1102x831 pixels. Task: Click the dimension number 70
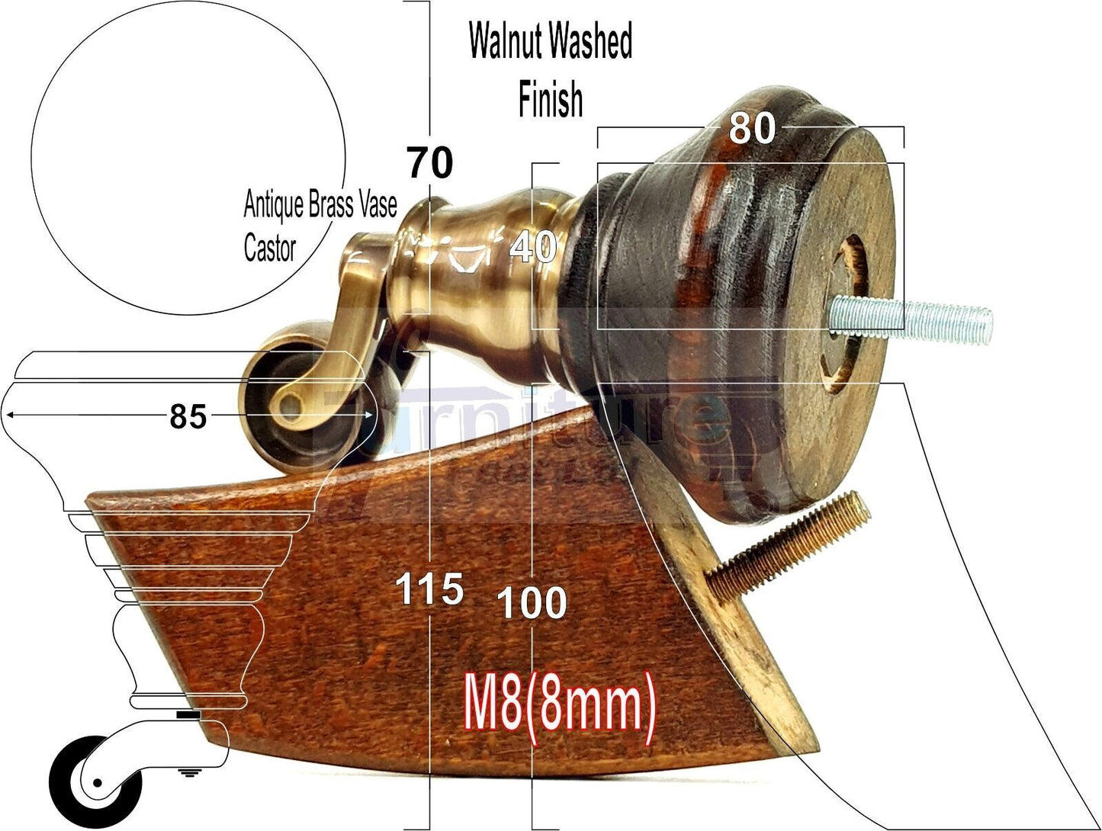[430, 162]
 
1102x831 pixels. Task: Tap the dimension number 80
[751, 127]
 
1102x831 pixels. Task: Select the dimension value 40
[534, 248]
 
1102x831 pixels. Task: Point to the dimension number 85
[188, 416]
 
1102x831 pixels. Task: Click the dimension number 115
[429, 589]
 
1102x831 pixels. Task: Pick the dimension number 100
[532, 603]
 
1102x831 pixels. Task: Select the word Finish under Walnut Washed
[551, 100]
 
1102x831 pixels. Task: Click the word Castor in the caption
[270, 248]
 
